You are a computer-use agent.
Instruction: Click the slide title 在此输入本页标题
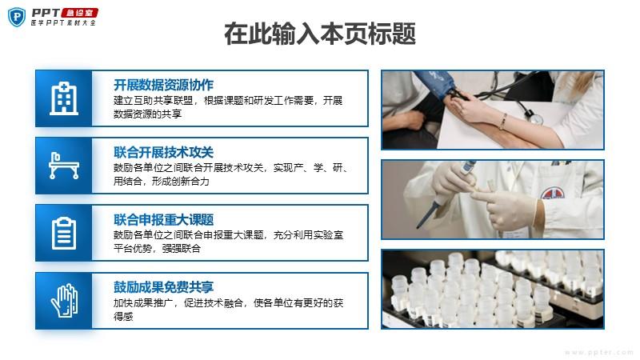[320, 34]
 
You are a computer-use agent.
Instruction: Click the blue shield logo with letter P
[17, 17]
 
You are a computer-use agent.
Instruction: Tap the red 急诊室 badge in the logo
[80, 13]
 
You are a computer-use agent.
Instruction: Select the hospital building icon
[64, 98]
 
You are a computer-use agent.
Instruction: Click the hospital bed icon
[64, 166]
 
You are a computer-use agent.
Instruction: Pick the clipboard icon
[64, 233]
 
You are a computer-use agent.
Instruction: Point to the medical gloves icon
[64, 301]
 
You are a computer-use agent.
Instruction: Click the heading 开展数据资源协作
[163, 85]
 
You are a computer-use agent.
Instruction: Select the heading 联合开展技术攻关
[163, 152]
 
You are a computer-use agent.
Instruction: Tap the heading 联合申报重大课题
[163, 219]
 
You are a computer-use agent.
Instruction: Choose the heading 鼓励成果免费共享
[163, 287]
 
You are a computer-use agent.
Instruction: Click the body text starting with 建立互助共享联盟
[228, 107]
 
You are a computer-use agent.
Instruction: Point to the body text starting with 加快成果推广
[228, 310]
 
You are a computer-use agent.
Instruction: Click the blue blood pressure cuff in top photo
[438, 84]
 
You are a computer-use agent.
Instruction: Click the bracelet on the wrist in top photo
[503, 122]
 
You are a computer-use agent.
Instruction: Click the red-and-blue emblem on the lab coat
[553, 193]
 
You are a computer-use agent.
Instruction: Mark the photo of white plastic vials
[493, 290]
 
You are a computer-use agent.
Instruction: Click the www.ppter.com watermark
[598, 352]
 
